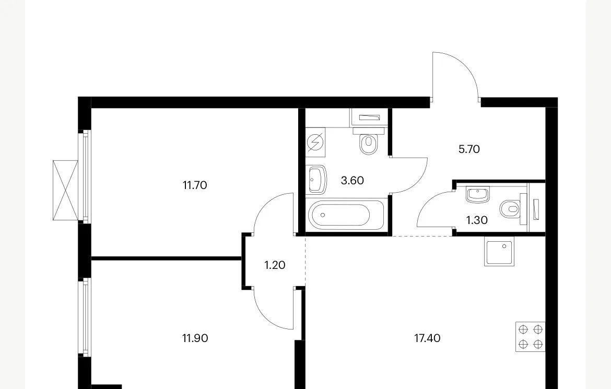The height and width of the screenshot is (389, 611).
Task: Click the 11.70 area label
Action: coord(195,185)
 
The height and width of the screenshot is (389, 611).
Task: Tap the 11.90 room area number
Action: coord(195,338)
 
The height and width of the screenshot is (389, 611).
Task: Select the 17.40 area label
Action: coord(427,338)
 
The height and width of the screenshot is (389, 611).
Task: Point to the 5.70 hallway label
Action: coord(469,149)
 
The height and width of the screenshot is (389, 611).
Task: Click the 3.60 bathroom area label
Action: coord(352,181)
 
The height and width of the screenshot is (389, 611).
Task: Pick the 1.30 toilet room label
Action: coord(477,220)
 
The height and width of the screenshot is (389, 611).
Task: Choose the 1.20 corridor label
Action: coord(275,265)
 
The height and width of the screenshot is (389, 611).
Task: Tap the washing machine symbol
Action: coord(315,142)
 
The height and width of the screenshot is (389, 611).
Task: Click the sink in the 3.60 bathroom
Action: coord(316,180)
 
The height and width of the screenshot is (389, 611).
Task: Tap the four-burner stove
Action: coord(531,337)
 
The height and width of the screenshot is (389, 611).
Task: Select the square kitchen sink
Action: coord(499,251)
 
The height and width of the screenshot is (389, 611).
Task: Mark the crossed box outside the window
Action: coord(65,190)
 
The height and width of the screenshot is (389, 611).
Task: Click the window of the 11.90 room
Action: coord(84,316)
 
